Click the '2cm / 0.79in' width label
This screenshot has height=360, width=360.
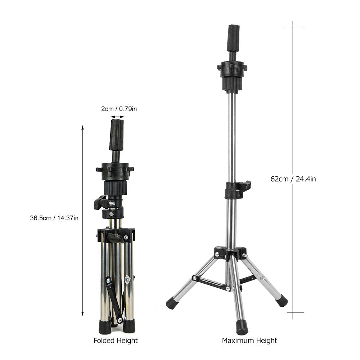click(119, 109)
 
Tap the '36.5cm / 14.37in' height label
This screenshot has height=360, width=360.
click(54, 218)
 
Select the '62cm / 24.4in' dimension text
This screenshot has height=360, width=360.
click(293, 179)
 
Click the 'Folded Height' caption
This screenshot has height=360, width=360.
click(116, 341)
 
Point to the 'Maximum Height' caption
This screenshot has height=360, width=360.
click(249, 341)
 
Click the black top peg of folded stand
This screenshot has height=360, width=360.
click(116, 135)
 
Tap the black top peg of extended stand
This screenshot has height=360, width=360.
click(233, 38)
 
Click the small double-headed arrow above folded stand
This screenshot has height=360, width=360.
click(117, 117)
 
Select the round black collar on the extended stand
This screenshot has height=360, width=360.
click(232, 68)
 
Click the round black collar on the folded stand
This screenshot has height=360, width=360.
click(115, 171)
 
